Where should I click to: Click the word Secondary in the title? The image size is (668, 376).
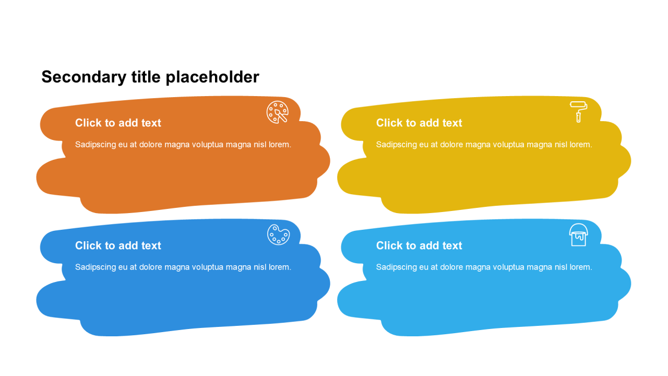(84, 77)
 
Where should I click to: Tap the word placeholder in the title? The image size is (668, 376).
(212, 77)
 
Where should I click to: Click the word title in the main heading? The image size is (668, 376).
(146, 77)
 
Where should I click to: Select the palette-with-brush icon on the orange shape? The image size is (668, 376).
(277, 112)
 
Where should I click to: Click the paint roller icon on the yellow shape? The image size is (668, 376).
(579, 112)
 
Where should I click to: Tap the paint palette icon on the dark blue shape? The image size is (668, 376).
(278, 234)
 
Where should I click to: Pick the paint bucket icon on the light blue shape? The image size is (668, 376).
(579, 235)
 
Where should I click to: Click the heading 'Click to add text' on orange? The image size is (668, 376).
(118, 123)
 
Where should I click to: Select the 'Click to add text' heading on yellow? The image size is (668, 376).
(419, 123)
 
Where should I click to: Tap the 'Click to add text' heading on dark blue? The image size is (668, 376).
(118, 245)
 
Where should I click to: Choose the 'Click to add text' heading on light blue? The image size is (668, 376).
(419, 245)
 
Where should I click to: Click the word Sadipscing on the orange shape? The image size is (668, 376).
(96, 145)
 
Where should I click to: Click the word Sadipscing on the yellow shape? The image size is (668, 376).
(396, 145)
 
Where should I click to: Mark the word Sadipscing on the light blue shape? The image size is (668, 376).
(396, 267)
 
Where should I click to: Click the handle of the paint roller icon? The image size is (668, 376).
(579, 118)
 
